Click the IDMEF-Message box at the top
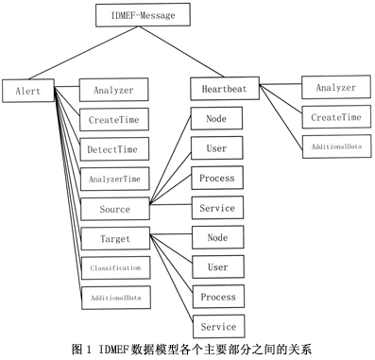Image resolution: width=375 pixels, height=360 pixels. coord(144,16)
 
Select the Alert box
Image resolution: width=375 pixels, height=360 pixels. coord(27,91)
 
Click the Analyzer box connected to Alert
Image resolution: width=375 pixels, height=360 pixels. coord(113,92)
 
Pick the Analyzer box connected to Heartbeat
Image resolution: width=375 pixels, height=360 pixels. coord(336,88)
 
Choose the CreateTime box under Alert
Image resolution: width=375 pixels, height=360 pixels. coord(113,121)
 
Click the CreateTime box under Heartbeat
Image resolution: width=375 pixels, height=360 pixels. coord(336,117)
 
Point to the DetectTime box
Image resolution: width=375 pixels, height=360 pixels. coord(113,149)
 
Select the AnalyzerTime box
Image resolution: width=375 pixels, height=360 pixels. coord(113,179)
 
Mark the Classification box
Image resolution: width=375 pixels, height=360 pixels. coord(113,267)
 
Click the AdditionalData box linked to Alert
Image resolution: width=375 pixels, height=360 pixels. coord(113,297)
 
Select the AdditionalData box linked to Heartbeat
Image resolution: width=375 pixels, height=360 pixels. coord(336,146)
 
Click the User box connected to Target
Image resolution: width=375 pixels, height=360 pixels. coord(216,267)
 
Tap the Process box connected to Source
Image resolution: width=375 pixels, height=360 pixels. coord(216,178)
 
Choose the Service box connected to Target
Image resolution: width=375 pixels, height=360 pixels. coord(216,326)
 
